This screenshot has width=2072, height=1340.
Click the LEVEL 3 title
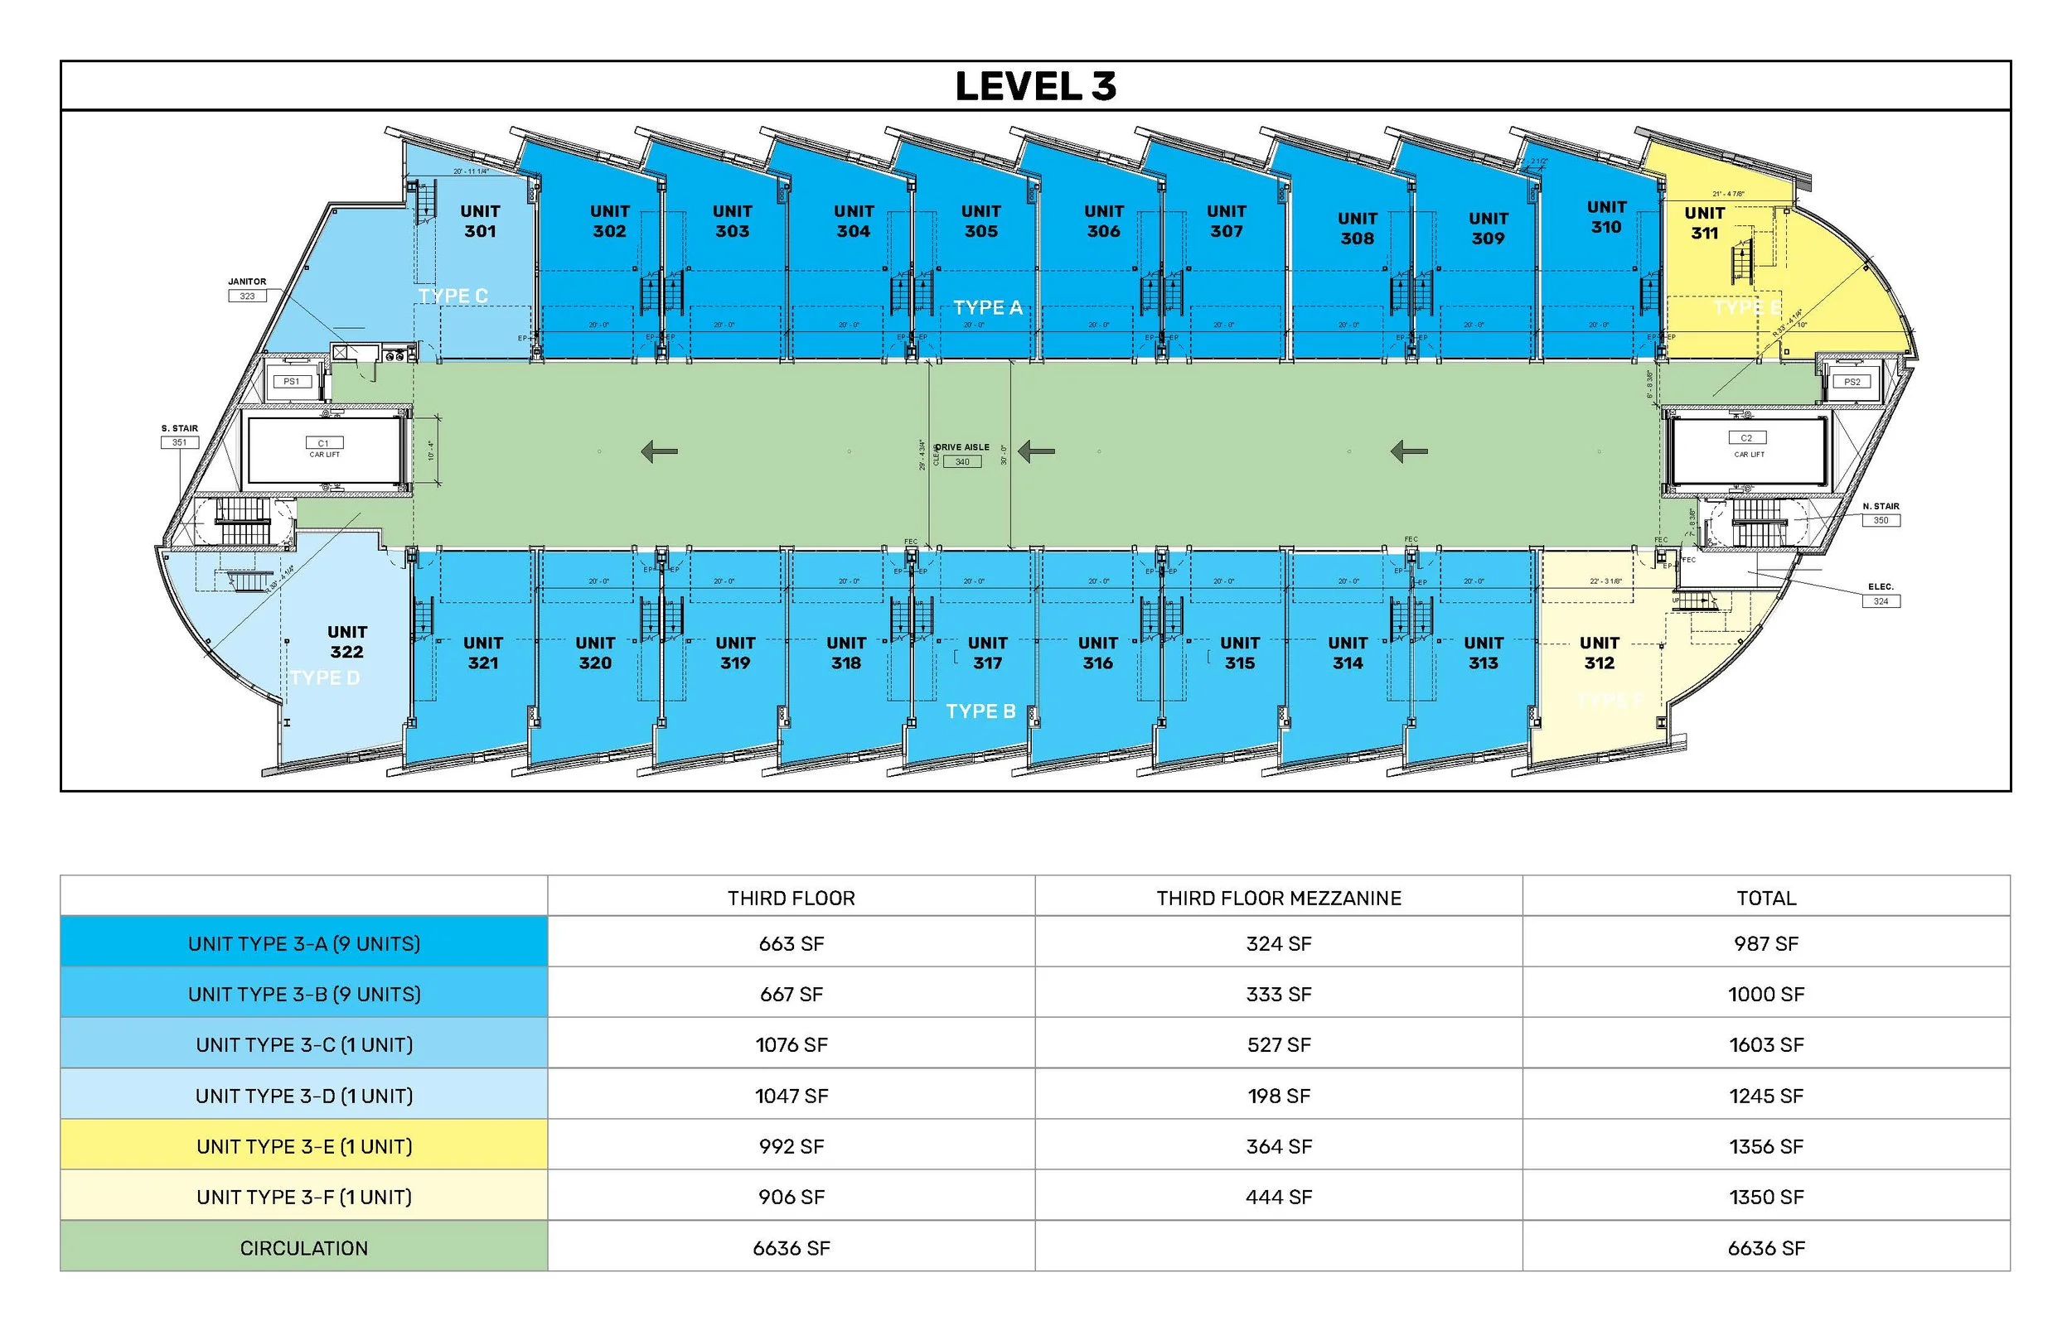pyautogui.click(x=1035, y=86)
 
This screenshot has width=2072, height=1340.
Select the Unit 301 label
pyautogui.click(x=480, y=221)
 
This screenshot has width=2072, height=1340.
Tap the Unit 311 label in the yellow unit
pyautogui.click(x=1704, y=223)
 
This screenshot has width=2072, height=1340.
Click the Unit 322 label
pyautogui.click(x=346, y=641)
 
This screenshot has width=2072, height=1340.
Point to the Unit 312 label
pyautogui.click(x=1600, y=653)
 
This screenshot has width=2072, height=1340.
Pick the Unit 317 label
pyautogui.click(x=987, y=653)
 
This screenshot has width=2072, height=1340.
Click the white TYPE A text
pyautogui.click(x=987, y=307)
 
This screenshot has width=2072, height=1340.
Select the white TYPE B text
pyautogui.click(x=980, y=711)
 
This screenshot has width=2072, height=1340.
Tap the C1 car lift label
pyautogui.click(x=324, y=447)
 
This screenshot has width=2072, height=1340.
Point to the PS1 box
pyautogui.click(x=292, y=381)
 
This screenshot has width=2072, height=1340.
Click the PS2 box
pyautogui.click(x=1852, y=382)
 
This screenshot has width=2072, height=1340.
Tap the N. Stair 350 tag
pyautogui.click(x=1881, y=514)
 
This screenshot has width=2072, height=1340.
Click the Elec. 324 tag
pyautogui.click(x=1881, y=595)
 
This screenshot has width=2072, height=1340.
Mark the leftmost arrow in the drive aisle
pyautogui.click(x=659, y=451)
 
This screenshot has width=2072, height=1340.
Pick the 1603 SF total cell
pyautogui.click(x=1765, y=1044)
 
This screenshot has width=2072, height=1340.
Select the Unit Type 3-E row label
pyautogui.click(x=304, y=1146)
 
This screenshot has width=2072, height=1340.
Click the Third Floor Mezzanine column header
pyautogui.click(x=1278, y=898)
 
